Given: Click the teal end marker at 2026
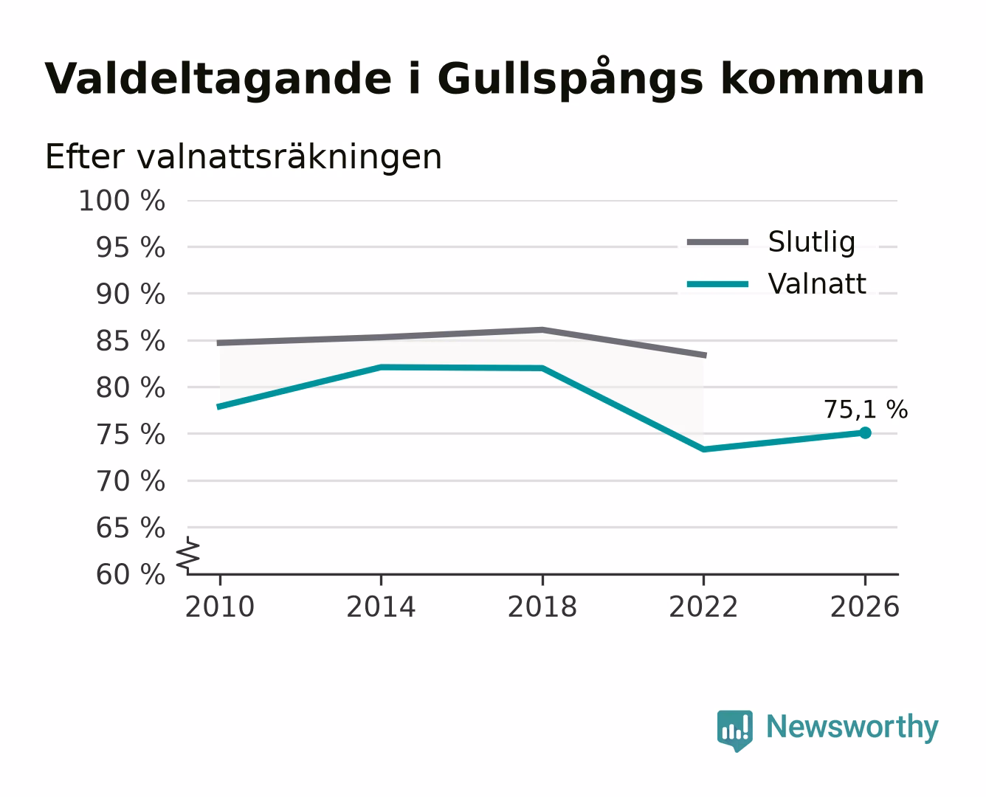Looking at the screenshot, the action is click(865, 432).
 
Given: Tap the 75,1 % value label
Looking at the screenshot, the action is click(866, 410).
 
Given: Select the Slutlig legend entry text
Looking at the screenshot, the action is click(812, 242).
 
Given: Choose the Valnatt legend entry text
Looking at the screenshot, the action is click(817, 283).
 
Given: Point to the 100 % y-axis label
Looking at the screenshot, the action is click(122, 201).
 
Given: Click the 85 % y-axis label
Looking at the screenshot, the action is click(130, 341).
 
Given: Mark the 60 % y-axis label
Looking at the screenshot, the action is click(130, 574).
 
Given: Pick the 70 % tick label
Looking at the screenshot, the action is click(130, 481).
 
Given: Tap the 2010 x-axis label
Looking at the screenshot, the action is click(220, 607).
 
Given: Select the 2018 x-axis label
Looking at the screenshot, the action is click(542, 607).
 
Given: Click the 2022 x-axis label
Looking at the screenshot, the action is click(703, 607).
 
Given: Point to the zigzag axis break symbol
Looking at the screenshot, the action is click(188, 556).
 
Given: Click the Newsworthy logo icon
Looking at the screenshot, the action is click(734, 731).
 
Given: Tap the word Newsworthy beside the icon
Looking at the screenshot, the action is click(852, 727).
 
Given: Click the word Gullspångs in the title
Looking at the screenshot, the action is click(570, 80).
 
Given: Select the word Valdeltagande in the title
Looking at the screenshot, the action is click(218, 80).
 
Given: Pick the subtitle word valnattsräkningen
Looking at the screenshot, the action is click(289, 157).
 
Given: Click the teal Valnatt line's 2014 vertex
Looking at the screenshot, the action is click(381, 367).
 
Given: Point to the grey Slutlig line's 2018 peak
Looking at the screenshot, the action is click(542, 330).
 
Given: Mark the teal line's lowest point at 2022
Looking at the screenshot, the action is click(703, 449).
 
